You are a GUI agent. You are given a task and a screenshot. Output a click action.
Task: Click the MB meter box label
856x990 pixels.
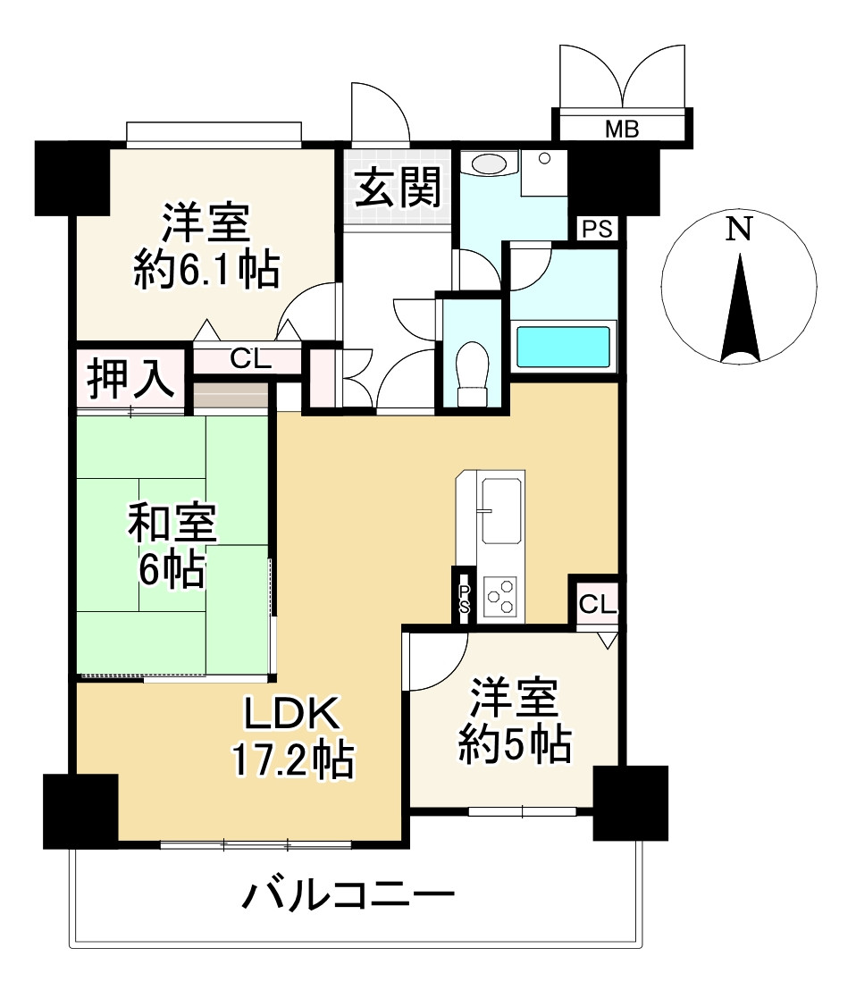(622, 129)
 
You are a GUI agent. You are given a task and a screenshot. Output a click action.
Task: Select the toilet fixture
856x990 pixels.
(473, 373)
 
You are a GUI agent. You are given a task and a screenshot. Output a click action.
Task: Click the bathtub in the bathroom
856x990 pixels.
(563, 346)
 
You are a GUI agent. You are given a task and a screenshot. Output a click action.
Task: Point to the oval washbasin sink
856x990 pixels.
(490, 164)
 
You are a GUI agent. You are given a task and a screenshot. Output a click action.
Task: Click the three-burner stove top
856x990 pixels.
(500, 597)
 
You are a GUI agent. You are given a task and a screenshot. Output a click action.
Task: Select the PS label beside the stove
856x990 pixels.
(465, 599)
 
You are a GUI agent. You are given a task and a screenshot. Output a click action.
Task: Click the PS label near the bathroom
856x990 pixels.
(597, 229)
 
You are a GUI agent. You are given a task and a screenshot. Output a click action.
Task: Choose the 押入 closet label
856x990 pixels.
(130, 379)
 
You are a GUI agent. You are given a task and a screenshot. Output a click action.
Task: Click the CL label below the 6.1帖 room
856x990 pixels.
(250, 359)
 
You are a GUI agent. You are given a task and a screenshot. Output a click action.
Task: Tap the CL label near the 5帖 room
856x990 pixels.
(597, 604)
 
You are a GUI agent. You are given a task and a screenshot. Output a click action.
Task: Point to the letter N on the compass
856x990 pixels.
(739, 229)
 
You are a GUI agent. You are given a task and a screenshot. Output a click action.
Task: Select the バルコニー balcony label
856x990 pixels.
(348, 896)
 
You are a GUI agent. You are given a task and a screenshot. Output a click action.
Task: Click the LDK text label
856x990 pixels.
(293, 713)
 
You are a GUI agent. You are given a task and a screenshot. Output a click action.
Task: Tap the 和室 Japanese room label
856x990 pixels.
(172, 523)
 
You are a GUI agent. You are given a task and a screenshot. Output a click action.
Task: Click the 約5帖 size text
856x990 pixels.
(516, 745)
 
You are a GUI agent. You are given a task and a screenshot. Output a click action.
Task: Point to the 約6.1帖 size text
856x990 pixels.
(207, 270)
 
